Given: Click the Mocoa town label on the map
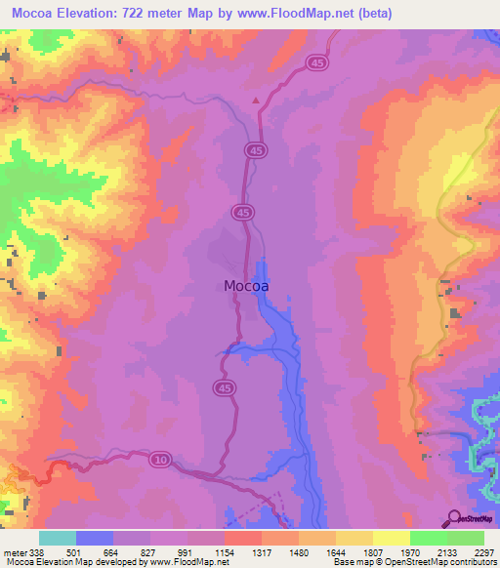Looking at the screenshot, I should (246, 287).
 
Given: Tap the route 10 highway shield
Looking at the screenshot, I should (159, 458).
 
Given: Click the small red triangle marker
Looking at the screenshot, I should (256, 100).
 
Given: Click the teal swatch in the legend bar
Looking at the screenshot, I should (58, 538).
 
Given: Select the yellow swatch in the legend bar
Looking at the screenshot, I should (392, 538).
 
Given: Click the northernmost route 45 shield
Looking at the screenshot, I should (320, 61).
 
